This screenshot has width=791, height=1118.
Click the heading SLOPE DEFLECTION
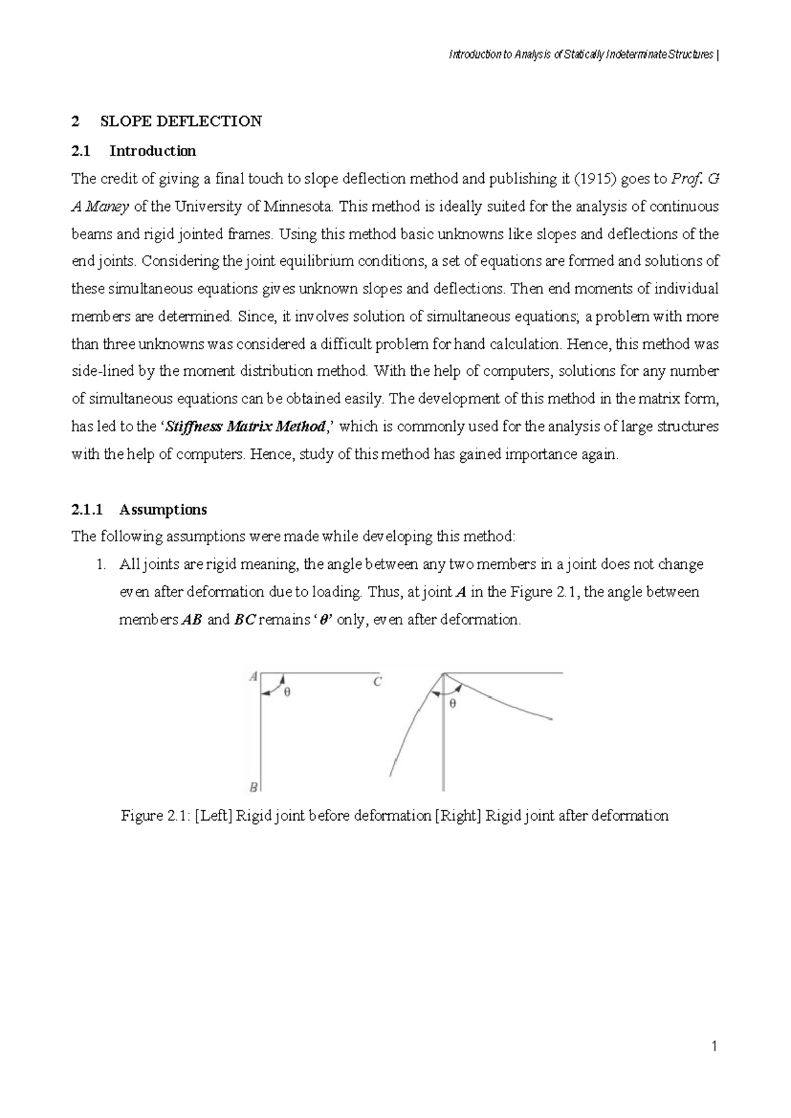[x=181, y=121]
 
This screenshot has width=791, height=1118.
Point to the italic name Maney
[x=106, y=206]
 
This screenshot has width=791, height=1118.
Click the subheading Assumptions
[x=163, y=510]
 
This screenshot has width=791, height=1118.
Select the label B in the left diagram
[x=253, y=786]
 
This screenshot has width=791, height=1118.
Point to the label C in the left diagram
[x=377, y=682]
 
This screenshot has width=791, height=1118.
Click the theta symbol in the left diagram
[x=287, y=692]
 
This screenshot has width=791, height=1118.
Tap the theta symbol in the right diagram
[x=452, y=703]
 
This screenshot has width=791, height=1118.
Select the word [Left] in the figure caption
[x=214, y=816]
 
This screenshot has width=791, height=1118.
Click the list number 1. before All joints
[x=102, y=565]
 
